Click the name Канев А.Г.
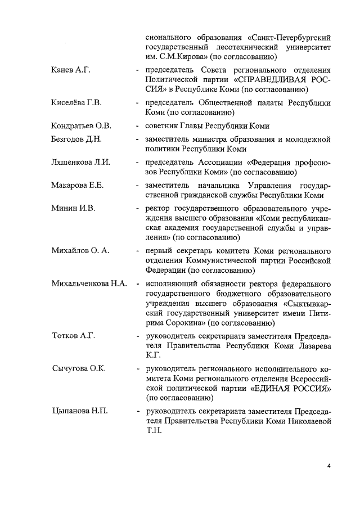(x=71, y=70)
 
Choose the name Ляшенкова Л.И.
(x=80, y=163)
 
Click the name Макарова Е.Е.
(x=78, y=185)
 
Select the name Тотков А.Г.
(x=73, y=336)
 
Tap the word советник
(x=162, y=125)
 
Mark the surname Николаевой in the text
(x=307, y=421)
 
